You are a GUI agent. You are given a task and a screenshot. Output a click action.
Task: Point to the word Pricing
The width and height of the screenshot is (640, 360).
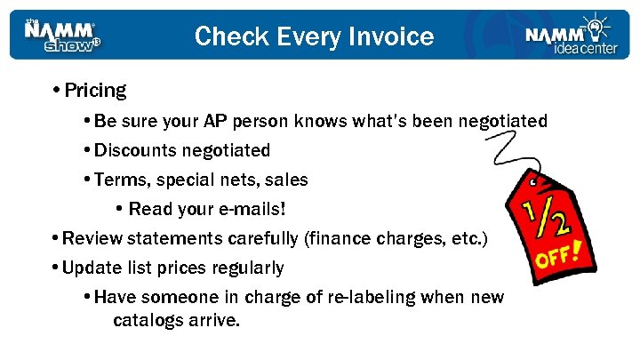coord(95,91)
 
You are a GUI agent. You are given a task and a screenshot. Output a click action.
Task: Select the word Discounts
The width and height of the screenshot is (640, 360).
coord(136,150)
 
